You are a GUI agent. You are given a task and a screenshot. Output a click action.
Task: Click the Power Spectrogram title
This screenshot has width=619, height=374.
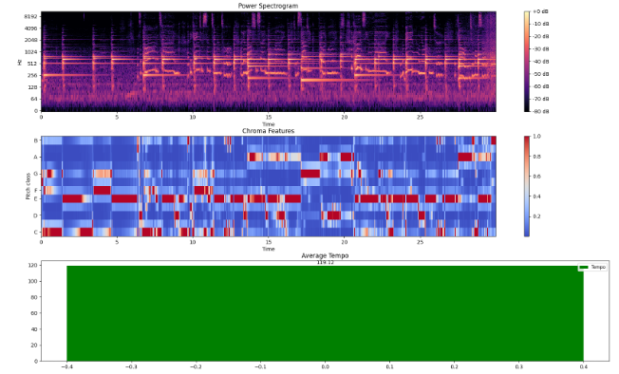coord(269,7)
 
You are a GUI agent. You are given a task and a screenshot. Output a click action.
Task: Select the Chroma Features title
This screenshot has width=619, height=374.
coord(269,130)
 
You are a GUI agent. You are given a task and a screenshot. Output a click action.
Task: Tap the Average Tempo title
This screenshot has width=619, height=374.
coord(325,256)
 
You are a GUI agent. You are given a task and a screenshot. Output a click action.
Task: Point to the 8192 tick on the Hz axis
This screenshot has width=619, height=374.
coord(31,17)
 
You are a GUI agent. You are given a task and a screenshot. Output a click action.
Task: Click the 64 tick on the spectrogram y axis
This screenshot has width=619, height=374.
coord(33,98)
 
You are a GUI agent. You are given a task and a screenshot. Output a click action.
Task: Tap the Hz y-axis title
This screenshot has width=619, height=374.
coord(18,62)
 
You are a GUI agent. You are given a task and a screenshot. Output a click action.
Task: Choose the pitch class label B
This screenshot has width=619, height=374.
coord(36,140)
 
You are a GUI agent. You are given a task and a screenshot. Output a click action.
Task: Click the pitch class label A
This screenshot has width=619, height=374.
coord(36,157)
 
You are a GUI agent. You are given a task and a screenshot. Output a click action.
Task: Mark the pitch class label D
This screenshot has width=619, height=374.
coord(36,215)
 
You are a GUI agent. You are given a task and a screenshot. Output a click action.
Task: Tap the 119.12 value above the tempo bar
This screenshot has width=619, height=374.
coord(325,263)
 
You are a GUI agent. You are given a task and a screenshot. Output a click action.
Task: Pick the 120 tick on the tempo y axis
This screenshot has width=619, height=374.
coord(32,265)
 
